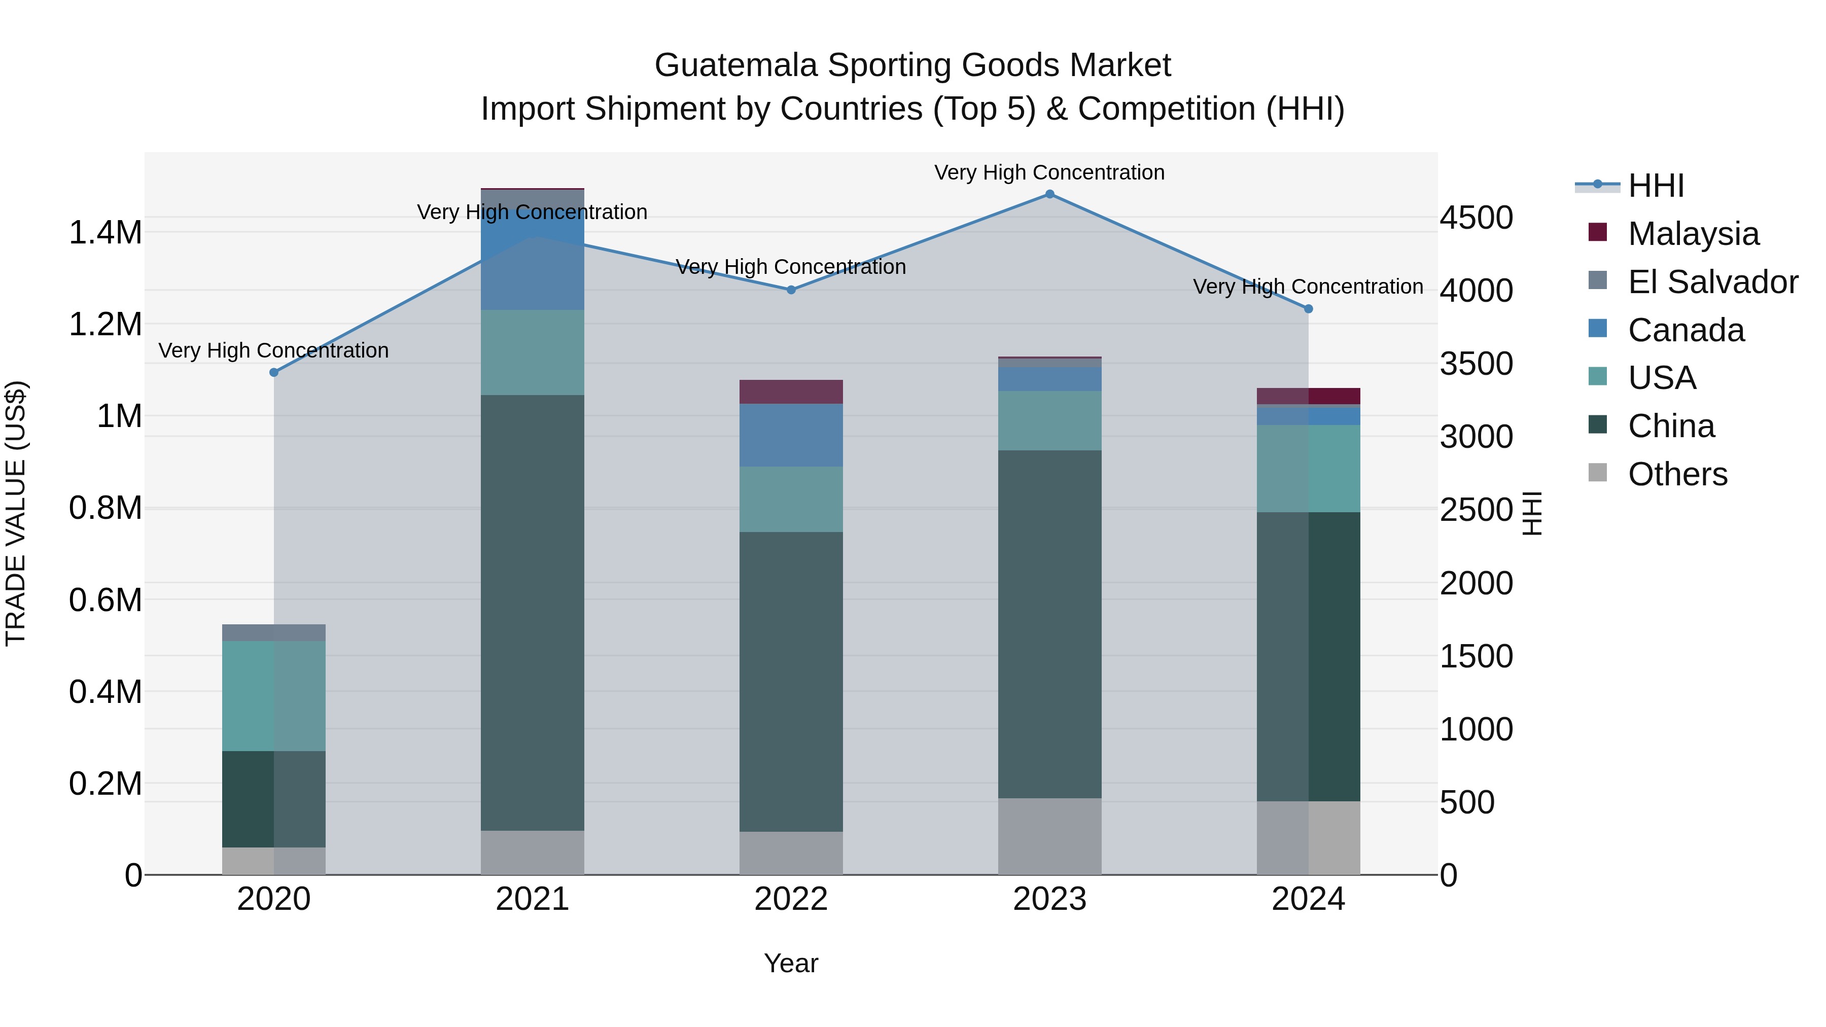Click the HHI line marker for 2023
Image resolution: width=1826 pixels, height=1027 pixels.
click(1050, 194)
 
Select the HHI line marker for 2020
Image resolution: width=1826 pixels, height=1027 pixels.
click(274, 372)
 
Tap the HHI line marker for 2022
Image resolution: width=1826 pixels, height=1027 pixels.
click(791, 290)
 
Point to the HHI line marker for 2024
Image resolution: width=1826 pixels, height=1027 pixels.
click(1309, 309)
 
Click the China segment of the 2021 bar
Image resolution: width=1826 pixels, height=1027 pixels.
click(533, 613)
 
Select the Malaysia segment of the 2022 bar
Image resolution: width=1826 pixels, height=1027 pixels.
click(791, 392)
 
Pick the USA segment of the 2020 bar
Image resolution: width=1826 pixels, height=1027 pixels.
click(274, 696)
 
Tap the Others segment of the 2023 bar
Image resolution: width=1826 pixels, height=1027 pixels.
click(1050, 836)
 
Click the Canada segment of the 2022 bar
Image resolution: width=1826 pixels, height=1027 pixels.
click(791, 435)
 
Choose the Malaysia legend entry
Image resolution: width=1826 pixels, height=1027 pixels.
click(1693, 234)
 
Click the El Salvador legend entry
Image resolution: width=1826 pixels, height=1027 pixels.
click(1712, 282)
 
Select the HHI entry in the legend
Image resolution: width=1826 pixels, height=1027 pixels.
click(1655, 186)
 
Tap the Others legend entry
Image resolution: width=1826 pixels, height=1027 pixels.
click(1677, 474)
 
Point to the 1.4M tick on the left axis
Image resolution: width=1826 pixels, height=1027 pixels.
click(105, 233)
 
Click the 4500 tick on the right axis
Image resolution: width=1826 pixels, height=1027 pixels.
click(1476, 218)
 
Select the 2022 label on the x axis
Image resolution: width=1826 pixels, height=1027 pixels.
click(791, 899)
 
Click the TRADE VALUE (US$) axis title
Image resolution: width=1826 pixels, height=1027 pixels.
click(16, 513)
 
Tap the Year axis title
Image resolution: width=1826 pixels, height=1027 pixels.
click(791, 963)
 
